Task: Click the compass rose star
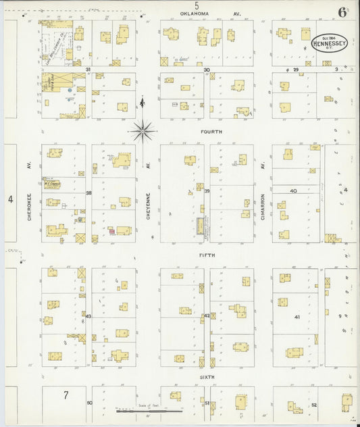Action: (x=142, y=130)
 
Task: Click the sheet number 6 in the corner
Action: (x=343, y=11)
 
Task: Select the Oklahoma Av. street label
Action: (x=209, y=14)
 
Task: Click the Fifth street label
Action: (x=207, y=255)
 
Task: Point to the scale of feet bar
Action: (x=149, y=409)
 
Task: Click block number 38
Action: (x=88, y=193)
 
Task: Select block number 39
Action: (x=207, y=192)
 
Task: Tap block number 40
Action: (x=293, y=191)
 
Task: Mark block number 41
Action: (x=297, y=316)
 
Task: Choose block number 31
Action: (x=88, y=70)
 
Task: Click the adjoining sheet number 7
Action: (x=66, y=394)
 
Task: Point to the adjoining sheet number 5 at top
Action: (x=197, y=5)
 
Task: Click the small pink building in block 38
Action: (x=112, y=231)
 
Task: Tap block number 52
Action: (x=314, y=404)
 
